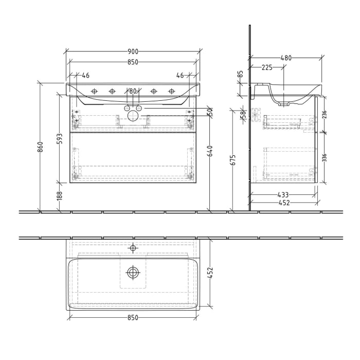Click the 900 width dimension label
pos(133,51)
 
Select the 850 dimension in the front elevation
pos(133,62)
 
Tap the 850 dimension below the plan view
pos(133,318)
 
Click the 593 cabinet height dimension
pos(60,138)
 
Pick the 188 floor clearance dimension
pos(60,195)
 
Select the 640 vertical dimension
pos(209,151)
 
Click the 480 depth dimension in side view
pos(286,58)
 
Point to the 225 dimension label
pos(267,67)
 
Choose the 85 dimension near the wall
pos(240,74)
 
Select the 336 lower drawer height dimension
pos(324,157)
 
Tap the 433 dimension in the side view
pos(283,195)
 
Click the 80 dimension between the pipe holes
pos(133,91)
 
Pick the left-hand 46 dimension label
pos(85,76)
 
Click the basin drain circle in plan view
pos(133,273)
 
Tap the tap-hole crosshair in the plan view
pos(133,248)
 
